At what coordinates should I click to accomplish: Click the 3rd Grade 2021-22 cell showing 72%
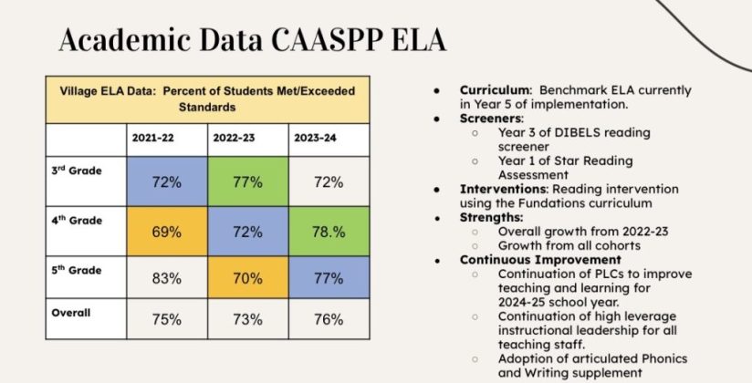[x=166, y=181]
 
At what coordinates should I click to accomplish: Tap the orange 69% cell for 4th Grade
[x=166, y=232]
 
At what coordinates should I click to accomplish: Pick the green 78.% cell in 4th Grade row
[x=329, y=232]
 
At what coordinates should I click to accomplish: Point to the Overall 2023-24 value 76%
[x=329, y=319]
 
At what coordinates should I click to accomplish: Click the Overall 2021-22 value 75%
[x=166, y=319]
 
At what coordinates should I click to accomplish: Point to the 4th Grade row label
[x=77, y=221]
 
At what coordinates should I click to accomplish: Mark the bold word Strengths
[x=491, y=218]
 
